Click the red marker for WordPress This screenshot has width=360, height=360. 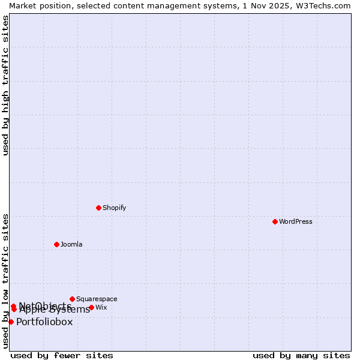click(x=275, y=221)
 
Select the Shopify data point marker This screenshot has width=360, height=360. click(x=98, y=208)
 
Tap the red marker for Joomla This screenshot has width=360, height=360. click(x=56, y=244)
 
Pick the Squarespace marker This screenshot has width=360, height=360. click(x=72, y=299)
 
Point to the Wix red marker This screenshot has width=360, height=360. click(x=91, y=307)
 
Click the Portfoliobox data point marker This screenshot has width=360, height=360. click(x=11, y=322)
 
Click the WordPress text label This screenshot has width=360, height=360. click(x=296, y=221)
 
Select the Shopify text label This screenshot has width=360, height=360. click(x=114, y=208)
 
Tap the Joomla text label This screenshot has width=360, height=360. click(x=71, y=244)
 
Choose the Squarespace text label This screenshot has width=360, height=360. click(x=97, y=299)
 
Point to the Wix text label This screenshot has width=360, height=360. click(x=101, y=307)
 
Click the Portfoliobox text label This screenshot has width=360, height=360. click(x=44, y=322)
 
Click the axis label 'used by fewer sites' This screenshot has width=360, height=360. click(x=62, y=355)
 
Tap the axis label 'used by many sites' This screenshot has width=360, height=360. click(x=301, y=355)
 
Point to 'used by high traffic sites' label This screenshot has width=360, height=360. click(x=5, y=85)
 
